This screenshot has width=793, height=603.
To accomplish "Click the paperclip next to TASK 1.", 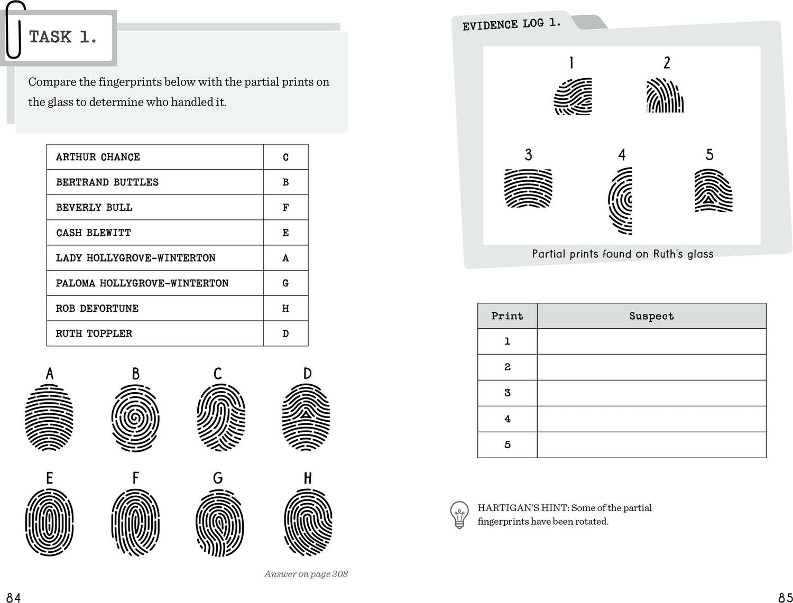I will pos(15,30).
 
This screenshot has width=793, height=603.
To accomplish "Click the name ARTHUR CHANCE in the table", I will pos(98,157).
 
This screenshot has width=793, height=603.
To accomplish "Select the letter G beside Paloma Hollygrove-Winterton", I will pos(285,283).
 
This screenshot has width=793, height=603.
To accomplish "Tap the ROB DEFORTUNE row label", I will pos(97,308).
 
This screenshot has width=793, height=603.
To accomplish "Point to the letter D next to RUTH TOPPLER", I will pos(285,333).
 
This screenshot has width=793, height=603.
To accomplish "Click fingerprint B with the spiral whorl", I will pos(135,418).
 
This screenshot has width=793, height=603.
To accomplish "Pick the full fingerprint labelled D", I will pos(306,418).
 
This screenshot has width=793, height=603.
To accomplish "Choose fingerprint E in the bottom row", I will pos(49,522).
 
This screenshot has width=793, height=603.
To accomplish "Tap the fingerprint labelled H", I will pos(308,522).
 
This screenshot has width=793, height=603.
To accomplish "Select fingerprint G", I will pos(219,523).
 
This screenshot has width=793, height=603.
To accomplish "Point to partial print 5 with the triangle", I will pos(713,191).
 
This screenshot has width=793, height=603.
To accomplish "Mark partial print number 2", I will pos(665,96).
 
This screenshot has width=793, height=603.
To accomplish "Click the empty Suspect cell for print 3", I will pos(651,393).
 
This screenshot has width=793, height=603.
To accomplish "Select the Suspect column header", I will pos(651,316).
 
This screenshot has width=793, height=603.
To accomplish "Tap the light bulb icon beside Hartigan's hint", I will pos(459,515).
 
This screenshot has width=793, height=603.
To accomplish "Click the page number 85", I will pos(785,597).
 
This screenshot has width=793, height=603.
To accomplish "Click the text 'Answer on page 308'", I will pos(306,574).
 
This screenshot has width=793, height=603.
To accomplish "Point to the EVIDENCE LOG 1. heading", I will pos(511,24).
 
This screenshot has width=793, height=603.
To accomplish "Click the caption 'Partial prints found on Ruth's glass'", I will pos(622,254).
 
